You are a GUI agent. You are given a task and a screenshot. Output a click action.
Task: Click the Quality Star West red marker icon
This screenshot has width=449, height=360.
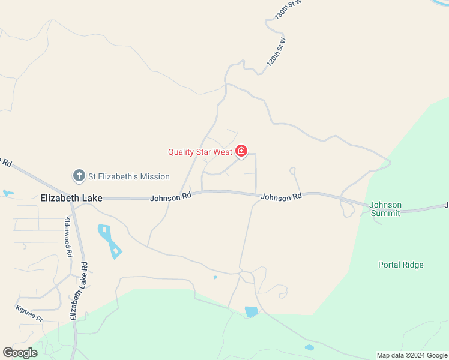[241, 151]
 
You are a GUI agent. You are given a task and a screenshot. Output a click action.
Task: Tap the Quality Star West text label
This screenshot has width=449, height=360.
[200, 152]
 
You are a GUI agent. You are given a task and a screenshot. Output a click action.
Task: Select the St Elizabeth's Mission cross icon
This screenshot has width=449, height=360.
[79, 176]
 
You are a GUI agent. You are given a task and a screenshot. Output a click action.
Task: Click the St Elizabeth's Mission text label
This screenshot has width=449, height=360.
[129, 176]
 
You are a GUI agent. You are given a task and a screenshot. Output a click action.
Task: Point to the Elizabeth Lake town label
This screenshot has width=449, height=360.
[71, 197]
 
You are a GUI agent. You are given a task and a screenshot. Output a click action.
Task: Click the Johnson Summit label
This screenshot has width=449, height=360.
[385, 209]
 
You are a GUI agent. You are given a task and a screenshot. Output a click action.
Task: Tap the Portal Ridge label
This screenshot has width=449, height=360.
[401, 265]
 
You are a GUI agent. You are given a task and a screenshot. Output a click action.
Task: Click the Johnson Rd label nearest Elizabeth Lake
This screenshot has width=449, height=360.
[171, 196]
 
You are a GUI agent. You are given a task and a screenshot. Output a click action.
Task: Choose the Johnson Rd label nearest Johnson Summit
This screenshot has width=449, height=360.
[281, 197]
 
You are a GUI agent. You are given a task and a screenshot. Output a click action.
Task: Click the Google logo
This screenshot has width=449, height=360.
[20, 353]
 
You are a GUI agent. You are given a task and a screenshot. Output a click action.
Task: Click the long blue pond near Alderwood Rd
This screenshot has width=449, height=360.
[110, 241]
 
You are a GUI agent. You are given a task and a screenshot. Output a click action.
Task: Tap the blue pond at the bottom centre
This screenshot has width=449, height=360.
[252, 311]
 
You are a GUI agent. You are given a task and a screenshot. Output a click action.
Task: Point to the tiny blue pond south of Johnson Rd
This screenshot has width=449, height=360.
[215, 277]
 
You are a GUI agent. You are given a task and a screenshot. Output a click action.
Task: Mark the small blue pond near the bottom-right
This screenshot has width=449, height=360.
[309, 347]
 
